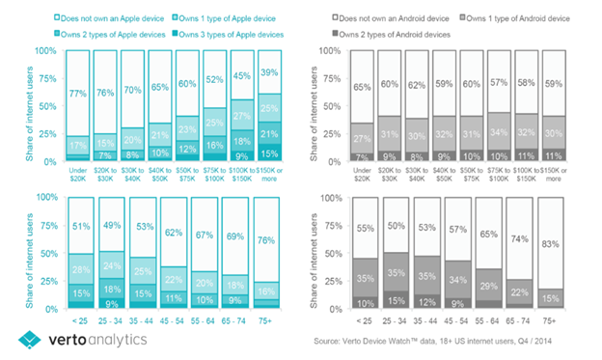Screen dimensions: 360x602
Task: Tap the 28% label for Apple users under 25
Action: click(79, 268)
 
